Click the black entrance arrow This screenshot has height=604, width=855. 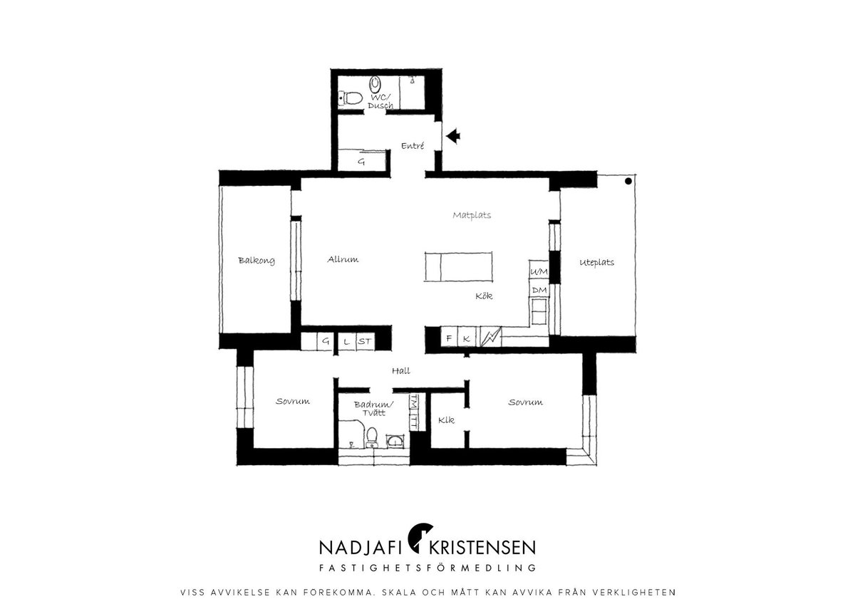[453, 136]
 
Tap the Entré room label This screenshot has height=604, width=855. [413, 145]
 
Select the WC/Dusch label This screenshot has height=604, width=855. [380, 101]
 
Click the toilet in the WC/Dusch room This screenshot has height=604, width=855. [351, 98]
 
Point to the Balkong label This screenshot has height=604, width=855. [256, 261]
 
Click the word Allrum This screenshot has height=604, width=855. [343, 259]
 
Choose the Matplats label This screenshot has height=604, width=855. [472, 215]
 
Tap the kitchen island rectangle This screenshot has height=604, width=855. [458, 266]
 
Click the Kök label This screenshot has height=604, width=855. [484, 296]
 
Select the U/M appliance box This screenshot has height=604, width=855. [539, 271]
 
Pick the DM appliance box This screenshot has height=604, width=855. [539, 291]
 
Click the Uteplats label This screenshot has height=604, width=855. [596, 263]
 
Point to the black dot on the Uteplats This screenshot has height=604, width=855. [628, 182]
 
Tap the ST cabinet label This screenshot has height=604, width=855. [365, 341]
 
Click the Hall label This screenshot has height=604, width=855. [400, 370]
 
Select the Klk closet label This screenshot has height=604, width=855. [446, 420]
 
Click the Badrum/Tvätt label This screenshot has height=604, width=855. [373, 409]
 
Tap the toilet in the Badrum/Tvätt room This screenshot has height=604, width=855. [371, 437]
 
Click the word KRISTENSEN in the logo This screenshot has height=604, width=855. [482, 548]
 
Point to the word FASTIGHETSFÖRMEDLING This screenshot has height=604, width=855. [427, 568]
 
